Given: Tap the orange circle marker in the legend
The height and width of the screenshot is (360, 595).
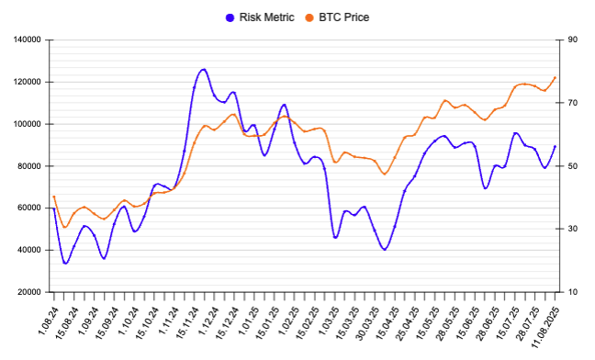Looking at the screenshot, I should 309,17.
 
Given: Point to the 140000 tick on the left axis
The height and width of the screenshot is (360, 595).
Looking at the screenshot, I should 27,40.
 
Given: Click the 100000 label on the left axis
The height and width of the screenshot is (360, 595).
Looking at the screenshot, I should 27,124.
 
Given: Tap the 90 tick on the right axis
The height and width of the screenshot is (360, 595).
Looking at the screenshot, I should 572,40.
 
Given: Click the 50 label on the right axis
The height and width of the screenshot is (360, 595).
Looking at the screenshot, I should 572,166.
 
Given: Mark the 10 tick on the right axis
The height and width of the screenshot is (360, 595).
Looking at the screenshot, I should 572,292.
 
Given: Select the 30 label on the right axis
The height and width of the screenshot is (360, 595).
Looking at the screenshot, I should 572,229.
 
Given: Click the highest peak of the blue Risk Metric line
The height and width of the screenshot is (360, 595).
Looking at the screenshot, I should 203,69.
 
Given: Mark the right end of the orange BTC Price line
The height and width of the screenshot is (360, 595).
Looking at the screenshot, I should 556,77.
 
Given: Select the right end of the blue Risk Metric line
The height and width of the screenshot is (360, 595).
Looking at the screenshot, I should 556,146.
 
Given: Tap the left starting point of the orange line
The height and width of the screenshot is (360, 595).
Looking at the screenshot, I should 54,197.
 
